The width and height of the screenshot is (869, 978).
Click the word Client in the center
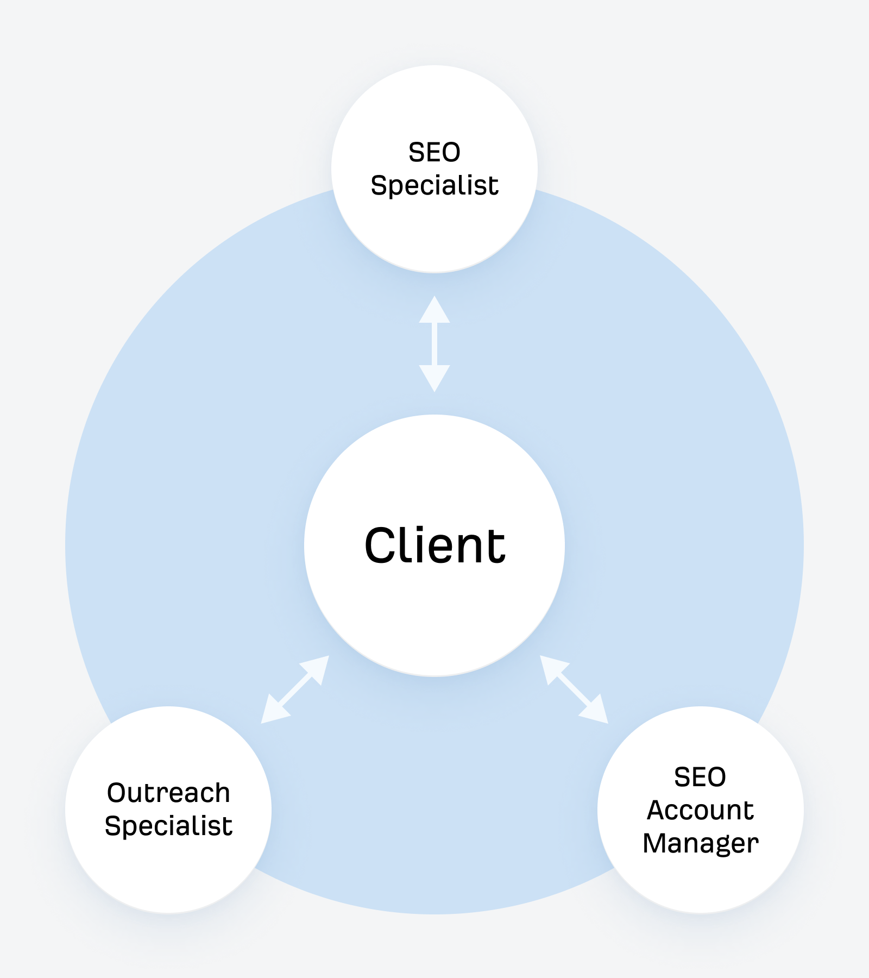(434, 546)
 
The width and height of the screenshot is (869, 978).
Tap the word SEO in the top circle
(434, 152)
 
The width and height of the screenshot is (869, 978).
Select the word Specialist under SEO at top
(434, 186)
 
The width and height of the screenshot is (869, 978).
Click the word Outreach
(168, 793)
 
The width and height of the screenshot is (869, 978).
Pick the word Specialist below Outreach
(168, 826)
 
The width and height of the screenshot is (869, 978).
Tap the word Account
(700, 810)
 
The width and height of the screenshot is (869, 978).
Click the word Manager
(700, 843)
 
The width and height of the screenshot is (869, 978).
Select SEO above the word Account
(700, 777)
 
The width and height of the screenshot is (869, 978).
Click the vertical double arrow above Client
(434, 344)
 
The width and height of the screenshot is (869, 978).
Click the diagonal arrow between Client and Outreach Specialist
(295, 689)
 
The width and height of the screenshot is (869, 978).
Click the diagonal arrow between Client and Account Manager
(574, 689)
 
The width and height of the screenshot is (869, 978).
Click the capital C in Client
(383, 546)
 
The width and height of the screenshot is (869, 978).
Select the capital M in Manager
(656, 843)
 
